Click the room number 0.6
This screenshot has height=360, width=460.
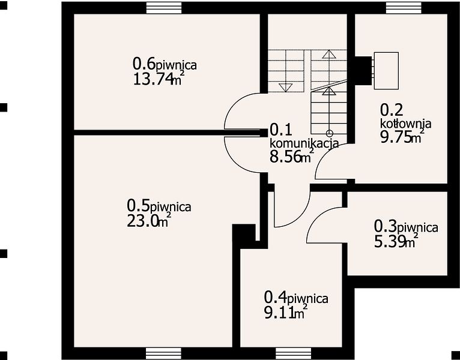[x=144, y=63]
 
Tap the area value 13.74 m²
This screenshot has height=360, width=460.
[x=159, y=78]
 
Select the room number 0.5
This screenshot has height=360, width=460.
[x=138, y=206]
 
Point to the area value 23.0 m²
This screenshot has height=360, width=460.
[x=149, y=220]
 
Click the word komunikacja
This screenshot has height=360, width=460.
[x=304, y=143]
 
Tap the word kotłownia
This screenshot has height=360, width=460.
[x=406, y=124]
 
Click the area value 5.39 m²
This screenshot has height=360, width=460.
[x=396, y=241]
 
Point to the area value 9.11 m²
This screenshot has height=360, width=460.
[x=286, y=313]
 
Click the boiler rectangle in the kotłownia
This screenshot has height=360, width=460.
[x=386, y=71]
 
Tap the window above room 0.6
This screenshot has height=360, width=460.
[x=164, y=8]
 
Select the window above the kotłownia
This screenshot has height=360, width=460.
[x=404, y=8]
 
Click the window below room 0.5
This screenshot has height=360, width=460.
[x=164, y=353]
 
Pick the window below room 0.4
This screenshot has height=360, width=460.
[x=294, y=353]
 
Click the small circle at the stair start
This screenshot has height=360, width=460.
[x=329, y=134]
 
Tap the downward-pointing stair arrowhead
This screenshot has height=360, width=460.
[x=285, y=87]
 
